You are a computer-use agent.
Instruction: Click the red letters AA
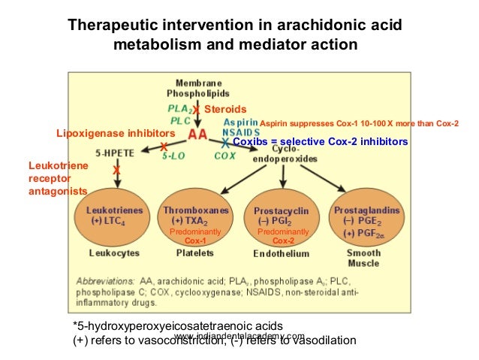197,135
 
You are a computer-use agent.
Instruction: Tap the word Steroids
225,110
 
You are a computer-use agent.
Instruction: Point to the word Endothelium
280,255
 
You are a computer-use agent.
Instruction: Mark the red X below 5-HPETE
116,171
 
